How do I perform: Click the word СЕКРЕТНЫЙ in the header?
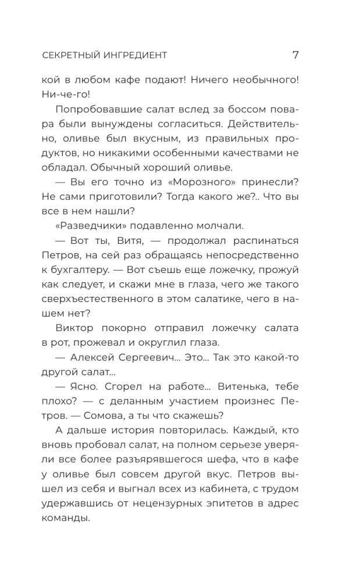(72, 56)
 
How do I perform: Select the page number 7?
(295, 55)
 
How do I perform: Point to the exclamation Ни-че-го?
(67, 93)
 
